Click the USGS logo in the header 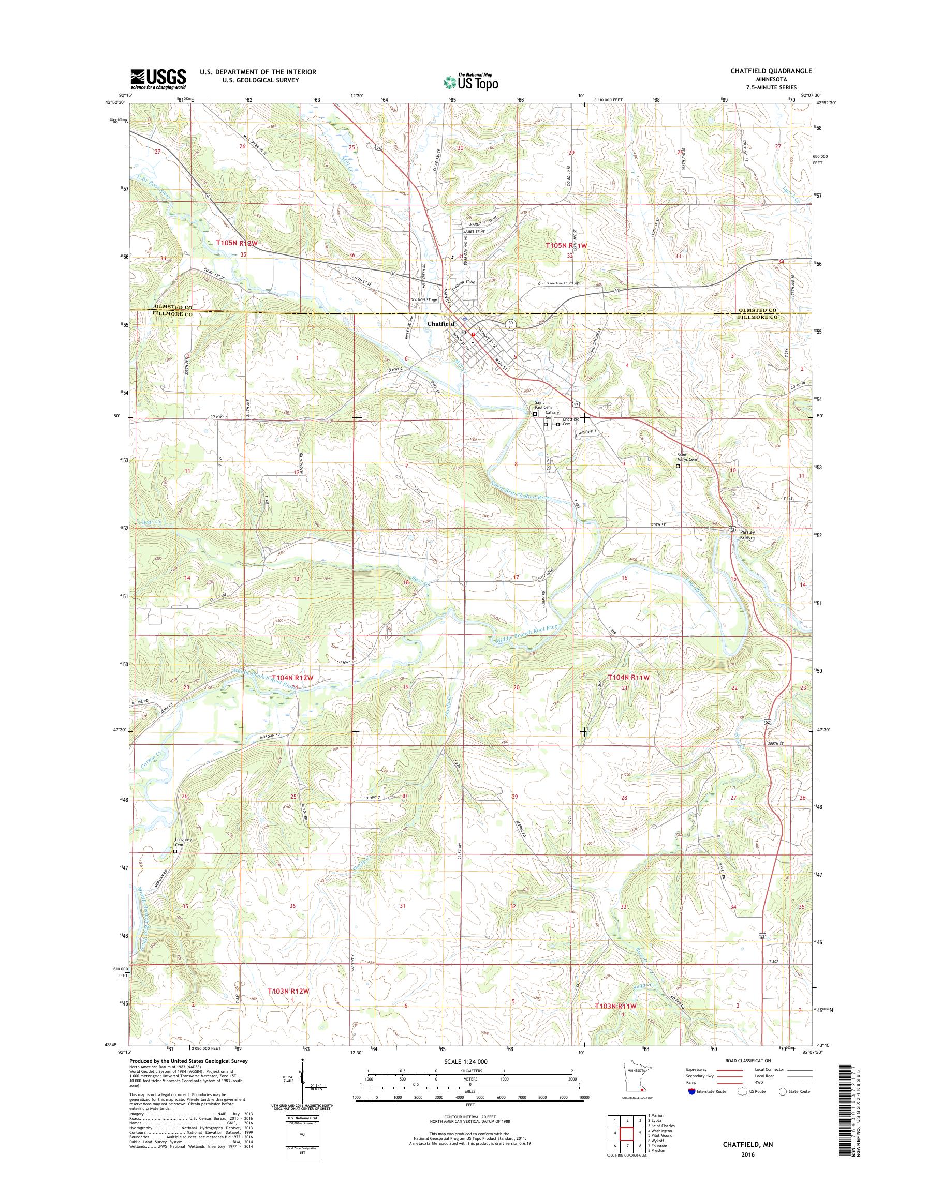point(158,79)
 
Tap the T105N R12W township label point(237,243)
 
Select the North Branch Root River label point(521,491)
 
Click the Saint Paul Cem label point(536,405)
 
